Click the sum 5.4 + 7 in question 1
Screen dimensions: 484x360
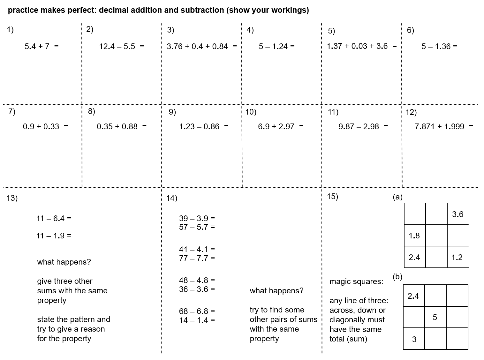pyautogui.click(x=37, y=46)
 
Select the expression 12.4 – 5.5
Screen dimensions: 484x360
pyautogui.click(x=117, y=46)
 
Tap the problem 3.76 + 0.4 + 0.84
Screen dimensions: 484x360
pyautogui.click(x=197, y=46)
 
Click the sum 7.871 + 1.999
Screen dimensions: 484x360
pyautogui.click(x=439, y=126)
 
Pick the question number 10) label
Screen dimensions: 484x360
pyautogui.click(x=251, y=112)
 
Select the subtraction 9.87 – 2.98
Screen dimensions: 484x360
pyautogui.click(x=359, y=126)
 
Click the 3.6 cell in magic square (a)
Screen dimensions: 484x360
pyautogui.click(x=458, y=214)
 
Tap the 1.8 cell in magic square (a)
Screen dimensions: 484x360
pyautogui.click(x=414, y=236)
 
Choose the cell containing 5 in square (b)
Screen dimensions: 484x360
pyautogui.click(x=435, y=317)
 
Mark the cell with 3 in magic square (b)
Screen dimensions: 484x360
pyautogui.click(x=414, y=339)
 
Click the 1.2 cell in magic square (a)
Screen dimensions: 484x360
pyautogui.click(x=457, y=257)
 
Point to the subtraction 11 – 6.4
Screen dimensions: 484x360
pyautogui.click(x=50, y=219)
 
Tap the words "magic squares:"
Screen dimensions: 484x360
pyautogui.click(x=356, y=281)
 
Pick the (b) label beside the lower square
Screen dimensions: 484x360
pyautogui.click(x=397, y=277)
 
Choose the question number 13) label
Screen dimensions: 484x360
pyautogui.click(x=12, y=198)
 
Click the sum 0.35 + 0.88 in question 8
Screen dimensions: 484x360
pyautogui.click(x=117, y=126)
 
